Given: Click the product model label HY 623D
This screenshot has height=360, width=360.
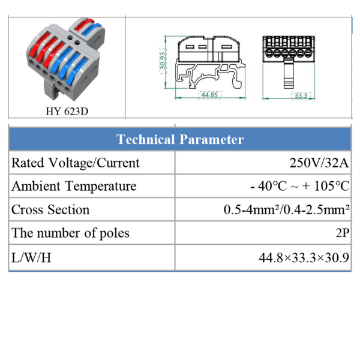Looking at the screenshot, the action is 67,112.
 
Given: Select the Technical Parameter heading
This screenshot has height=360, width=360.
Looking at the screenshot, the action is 180,139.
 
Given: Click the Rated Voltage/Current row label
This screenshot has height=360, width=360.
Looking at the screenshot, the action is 76,163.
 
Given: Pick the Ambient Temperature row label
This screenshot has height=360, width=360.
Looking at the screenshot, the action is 74,186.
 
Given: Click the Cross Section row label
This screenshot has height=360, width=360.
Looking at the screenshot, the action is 50,209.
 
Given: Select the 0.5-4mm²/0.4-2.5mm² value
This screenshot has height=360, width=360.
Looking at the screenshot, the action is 287,209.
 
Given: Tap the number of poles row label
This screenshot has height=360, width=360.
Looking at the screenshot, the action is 70,233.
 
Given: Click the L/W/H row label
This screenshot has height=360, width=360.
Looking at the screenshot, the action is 31,257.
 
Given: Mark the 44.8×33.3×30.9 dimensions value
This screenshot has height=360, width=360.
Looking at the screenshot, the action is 304,257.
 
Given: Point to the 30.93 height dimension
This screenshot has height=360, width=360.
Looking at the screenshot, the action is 163,61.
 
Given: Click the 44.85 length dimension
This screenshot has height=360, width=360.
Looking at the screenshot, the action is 209,95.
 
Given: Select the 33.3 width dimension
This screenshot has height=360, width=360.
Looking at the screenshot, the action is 301,95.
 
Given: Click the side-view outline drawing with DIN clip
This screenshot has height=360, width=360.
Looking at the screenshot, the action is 210,62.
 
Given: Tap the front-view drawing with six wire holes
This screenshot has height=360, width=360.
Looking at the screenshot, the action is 289,62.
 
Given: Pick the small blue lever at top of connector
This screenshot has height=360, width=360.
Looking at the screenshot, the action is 91,29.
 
